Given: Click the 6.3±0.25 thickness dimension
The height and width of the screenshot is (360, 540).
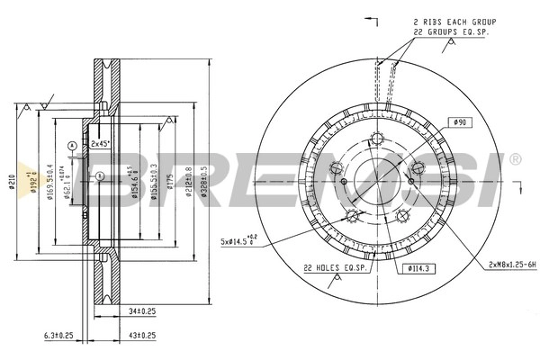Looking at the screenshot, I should pyautogui.click(x=58, y=335).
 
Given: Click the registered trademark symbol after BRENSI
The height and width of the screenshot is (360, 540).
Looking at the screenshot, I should pyautogui.click(x=515, y=159).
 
